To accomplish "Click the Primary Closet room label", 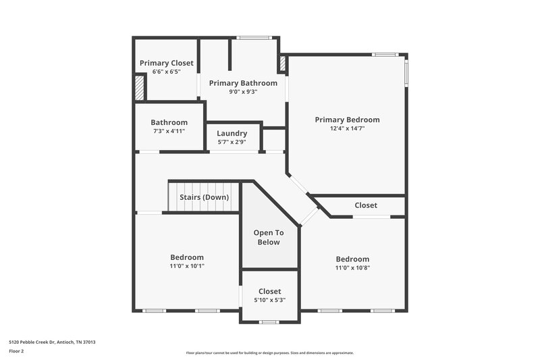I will coord(167,63).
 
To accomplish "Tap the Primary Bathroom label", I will coord(243,83).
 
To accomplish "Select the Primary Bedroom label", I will coord(347,120).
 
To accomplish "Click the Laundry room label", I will coord(232,134).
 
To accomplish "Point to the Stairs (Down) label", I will coord(204,197).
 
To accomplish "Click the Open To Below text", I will coord(269,237).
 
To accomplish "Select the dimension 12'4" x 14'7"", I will coord(347,128).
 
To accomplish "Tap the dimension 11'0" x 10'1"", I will coord(187,266).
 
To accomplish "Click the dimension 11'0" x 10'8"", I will coord(352,267).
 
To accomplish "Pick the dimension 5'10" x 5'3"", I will coord(269,300).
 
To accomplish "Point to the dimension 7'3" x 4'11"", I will coord(169,131).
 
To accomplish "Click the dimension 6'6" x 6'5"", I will coord(167,72).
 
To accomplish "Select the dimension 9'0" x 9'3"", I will coord(243,92).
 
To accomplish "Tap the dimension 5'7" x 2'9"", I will coord(232,143).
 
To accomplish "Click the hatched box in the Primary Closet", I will coord(140,88).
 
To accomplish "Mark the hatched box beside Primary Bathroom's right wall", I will coord(283,65).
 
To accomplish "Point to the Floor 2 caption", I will coord(16,351).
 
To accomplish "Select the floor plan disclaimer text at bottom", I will coord(269,353).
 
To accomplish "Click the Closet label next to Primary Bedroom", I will coord(366,205).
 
